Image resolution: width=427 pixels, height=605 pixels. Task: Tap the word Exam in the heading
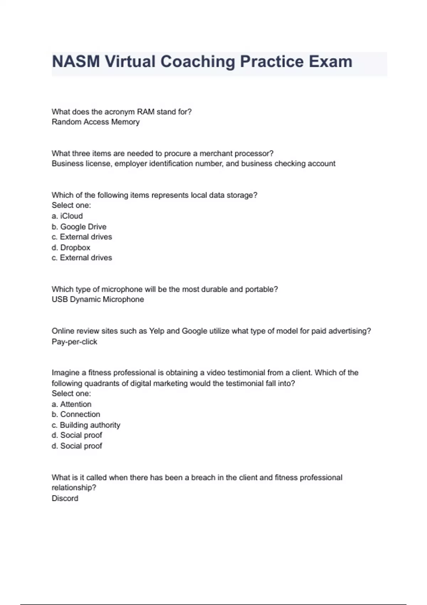(331, 62)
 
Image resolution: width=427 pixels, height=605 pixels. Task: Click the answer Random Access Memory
(95, 122)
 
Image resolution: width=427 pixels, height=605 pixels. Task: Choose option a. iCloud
(67, 216)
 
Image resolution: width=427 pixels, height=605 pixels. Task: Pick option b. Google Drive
(79, 227)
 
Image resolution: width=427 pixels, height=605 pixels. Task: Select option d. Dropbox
(71, 248)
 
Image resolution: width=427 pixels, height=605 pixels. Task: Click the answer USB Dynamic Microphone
(98, 300)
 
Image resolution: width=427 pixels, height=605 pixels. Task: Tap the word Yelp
(157, 331)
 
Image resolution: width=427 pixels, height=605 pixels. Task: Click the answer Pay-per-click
(74, 342)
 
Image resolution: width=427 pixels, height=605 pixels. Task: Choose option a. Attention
(72, 404)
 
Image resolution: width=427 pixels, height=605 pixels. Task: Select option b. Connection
(76, 415)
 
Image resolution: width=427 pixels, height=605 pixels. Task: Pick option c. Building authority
(86, 425)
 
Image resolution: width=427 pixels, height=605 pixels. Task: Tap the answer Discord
(65, 498)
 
